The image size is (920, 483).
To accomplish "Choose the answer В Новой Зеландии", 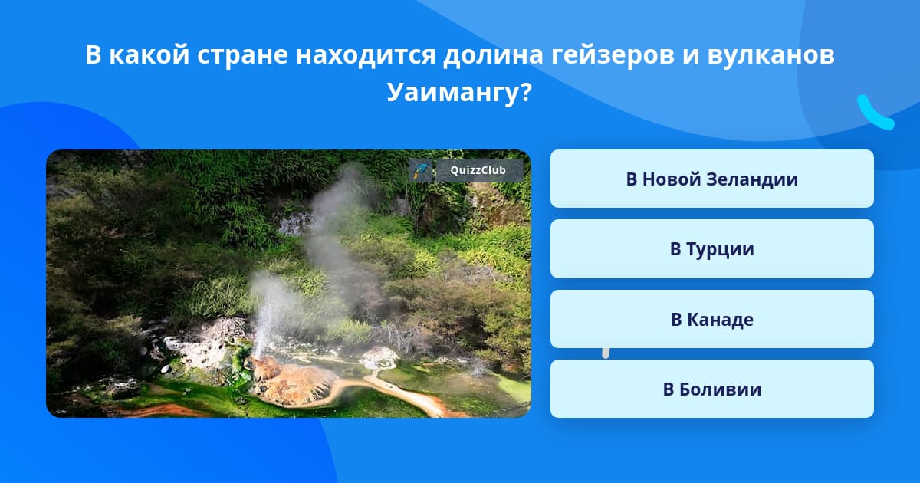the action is [x=711, y=179].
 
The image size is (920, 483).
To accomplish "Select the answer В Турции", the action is [x=711, y=249].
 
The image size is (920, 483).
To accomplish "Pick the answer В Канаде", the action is [x=711, y=319].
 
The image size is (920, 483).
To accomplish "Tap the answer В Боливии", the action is [x=711, y=389].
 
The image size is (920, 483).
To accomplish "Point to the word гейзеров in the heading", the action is [x=613, y=54].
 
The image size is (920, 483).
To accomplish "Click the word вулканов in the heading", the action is [x=770, y=54].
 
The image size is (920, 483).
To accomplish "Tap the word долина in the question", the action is [x=493, y=55].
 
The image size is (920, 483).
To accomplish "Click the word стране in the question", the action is [x=242, y=55].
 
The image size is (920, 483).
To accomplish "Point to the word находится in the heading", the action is [x=366, y=55].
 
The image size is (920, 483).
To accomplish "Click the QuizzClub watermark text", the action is [x=478, y=170].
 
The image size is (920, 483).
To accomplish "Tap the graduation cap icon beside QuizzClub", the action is [x=421, y=170].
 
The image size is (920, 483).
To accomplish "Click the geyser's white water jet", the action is [x=265, y=316].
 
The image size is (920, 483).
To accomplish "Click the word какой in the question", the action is [x=149, y=54].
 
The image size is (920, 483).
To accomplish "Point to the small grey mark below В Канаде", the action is [x=606, y=353].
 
